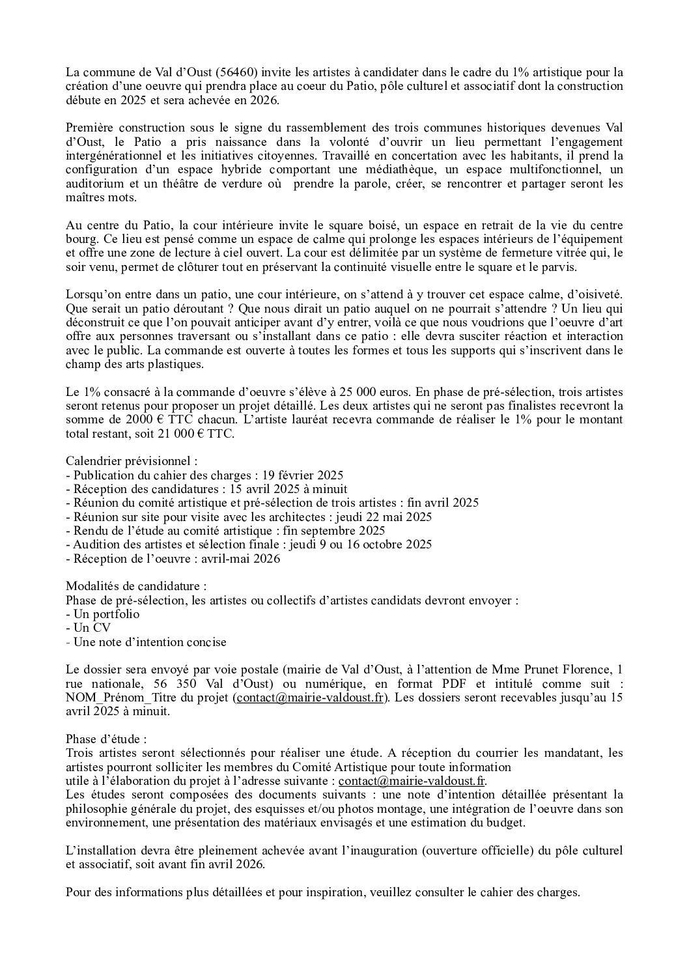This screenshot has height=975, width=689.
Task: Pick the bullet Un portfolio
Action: (x=106, y=614)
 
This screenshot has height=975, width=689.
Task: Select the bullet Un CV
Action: (x=92, y=628)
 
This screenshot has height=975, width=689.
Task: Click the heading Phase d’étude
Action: (x=106, y=739)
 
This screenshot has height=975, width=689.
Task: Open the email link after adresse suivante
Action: (x=412, y=781)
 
